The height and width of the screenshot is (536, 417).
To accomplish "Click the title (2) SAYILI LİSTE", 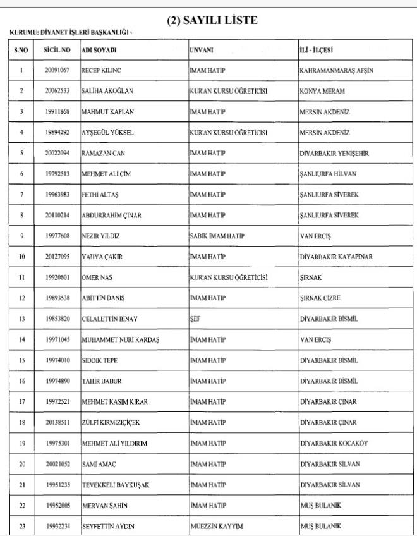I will (x=212, y=21).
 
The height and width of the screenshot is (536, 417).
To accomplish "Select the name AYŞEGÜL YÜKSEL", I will (x=107, y=133).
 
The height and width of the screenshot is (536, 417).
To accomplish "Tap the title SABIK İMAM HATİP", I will (x=218, y=236).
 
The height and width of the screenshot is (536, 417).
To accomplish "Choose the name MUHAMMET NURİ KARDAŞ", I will (x=120, y=340).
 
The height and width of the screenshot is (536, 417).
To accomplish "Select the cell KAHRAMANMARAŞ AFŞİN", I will (x=335, y=71).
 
